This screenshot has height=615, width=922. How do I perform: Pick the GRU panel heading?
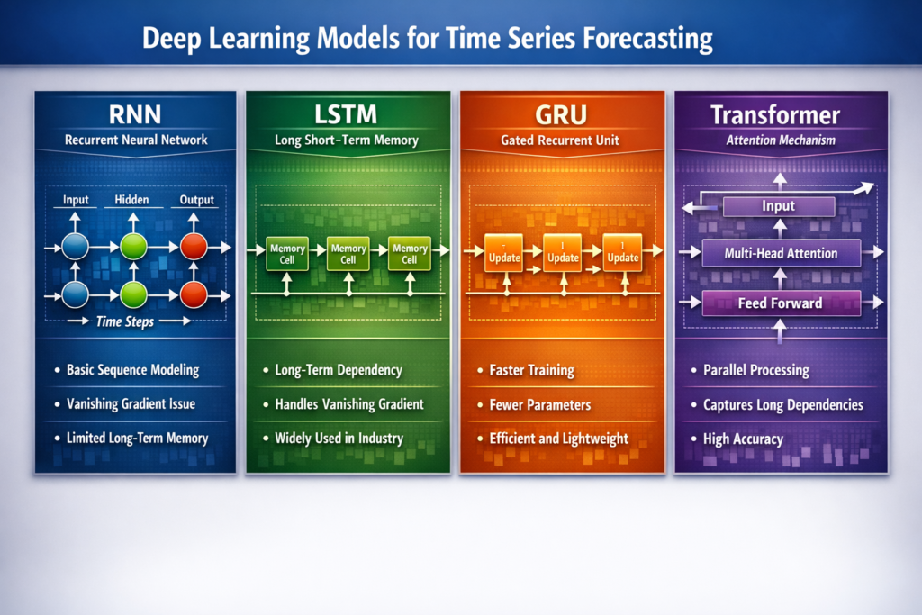click(x=562, y=115)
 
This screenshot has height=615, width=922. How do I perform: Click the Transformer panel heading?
click(x=781, y=115)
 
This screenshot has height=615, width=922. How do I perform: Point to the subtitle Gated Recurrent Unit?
click(x=562, y=140)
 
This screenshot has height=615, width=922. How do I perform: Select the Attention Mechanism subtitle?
click(x=781, y=140)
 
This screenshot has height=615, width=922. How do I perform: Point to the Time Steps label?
click(x=125, y=321)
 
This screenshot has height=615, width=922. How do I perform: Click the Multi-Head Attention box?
click(x=781, y=253)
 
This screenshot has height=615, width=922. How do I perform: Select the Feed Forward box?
click(x=780, y=303)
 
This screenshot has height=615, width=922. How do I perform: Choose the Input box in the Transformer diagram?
click(x=779, y=206)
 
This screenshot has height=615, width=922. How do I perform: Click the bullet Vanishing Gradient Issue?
click(x=131, y=404)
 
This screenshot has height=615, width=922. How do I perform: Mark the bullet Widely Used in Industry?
click(x=339, y=439)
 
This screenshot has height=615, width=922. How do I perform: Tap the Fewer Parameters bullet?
click(x=540, y=404)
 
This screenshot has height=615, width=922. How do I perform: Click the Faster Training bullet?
click(x=532, y=370)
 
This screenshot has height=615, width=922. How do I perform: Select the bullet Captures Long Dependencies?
click(x=782, y=404)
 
